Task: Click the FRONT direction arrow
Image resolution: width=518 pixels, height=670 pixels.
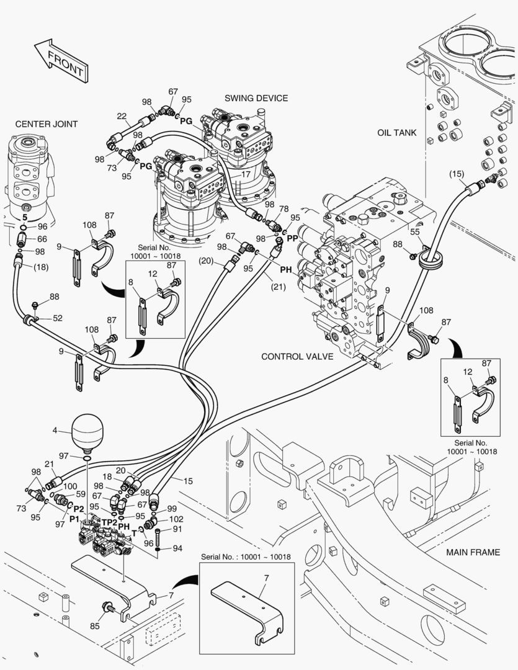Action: [x=60, y=60]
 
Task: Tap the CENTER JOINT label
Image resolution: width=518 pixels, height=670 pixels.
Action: [x=47, y=124]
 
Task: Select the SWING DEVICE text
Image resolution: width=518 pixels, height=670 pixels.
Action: [x=256, y=98]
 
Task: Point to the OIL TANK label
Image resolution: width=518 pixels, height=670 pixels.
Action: [x=396, y=133]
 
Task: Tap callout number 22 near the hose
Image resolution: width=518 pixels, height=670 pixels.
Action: [x=122, y=116]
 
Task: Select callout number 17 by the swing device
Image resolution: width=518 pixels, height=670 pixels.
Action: [x=246, y=174]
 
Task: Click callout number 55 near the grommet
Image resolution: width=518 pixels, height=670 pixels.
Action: [x=416, y=231]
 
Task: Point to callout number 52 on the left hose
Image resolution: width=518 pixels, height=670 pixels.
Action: [x=58, y=318]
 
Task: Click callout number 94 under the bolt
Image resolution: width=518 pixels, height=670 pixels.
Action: [x=177, y=548]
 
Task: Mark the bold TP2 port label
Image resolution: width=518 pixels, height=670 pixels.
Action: [x=110, y=522]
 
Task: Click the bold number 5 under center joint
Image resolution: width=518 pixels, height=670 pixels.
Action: [x=24, y=218]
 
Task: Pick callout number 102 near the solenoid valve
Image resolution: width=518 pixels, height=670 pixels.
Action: [x=176, y=519]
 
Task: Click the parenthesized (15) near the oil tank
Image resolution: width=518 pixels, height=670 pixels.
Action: [x=457, y=174]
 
